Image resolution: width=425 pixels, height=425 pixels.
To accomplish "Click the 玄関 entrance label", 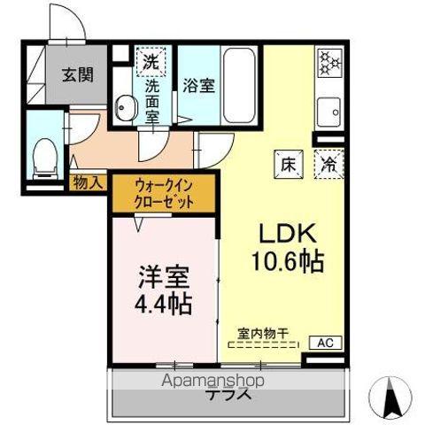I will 78,75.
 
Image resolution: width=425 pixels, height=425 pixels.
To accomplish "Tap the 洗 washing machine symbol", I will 151,62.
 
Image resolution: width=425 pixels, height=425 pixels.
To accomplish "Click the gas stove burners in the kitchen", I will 329,62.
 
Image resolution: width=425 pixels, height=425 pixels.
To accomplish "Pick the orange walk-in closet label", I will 164,193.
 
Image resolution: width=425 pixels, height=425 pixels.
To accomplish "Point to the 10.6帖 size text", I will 285,261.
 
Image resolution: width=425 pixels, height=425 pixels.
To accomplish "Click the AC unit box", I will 324,342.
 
